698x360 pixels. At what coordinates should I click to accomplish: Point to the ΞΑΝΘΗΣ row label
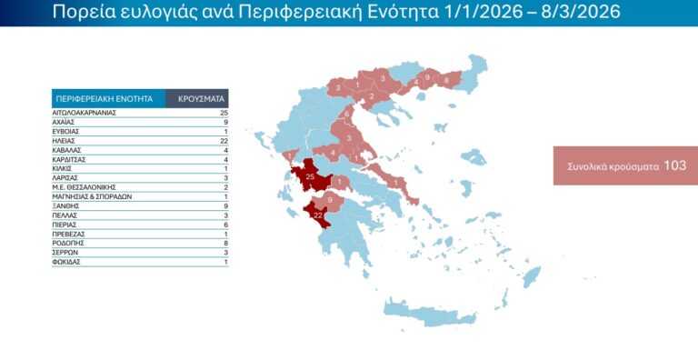click(x=66, y=205)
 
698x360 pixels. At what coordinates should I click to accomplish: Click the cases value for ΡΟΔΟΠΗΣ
click(x=224, y=244)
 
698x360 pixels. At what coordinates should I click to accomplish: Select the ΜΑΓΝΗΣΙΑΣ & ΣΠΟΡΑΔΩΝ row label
click(x=94, y=196)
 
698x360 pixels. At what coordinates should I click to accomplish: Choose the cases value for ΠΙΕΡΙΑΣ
click(x=224, y=225)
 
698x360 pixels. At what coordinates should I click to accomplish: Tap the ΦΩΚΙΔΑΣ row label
click(x=69, y=263)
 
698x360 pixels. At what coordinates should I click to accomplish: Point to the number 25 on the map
click(x=310, y=175)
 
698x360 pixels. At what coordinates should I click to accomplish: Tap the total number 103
click(x=674, y=165)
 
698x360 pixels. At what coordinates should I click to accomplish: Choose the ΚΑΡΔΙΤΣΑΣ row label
click(x=72, y=158)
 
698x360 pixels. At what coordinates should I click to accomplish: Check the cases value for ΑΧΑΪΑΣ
click(x=224, y=121)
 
